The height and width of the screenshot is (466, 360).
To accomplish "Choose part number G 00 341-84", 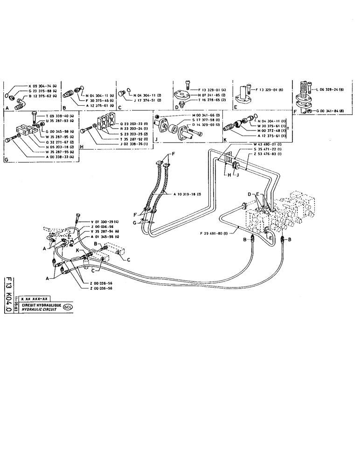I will pyautogui.click(x=329, y=111).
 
